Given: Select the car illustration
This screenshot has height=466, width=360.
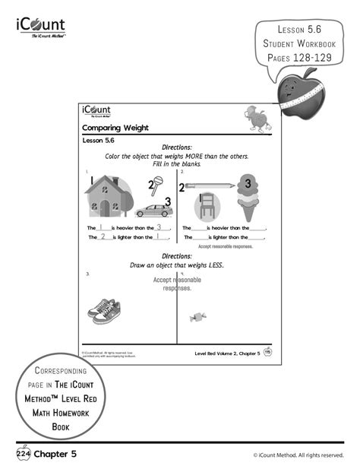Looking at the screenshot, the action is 155,210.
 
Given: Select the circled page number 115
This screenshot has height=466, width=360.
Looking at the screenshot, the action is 267,354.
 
